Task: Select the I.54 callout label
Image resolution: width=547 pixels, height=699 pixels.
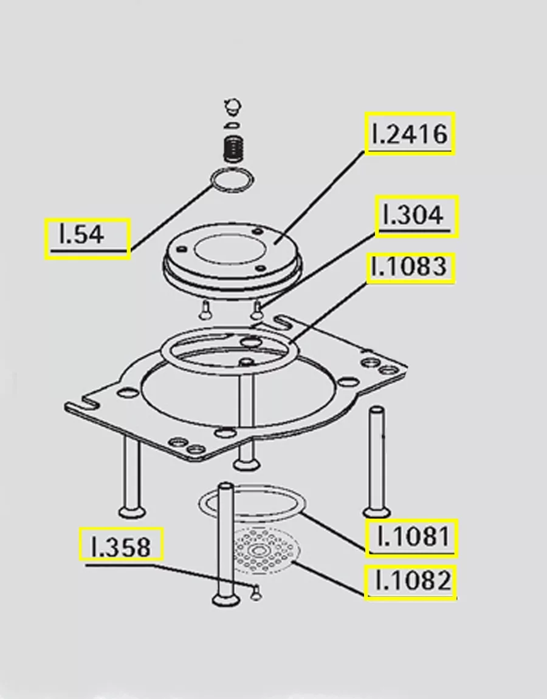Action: coord(88,239)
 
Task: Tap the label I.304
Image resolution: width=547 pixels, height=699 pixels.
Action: coord(416,216)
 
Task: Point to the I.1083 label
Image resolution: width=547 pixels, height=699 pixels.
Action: coord(410,268)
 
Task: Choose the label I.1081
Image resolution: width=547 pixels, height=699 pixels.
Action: coord(411,537)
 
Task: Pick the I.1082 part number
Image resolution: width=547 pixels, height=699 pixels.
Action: coord(410,582)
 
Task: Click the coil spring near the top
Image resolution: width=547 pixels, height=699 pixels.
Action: coord(232,148)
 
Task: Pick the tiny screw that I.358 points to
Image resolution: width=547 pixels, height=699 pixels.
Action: coord(256,591)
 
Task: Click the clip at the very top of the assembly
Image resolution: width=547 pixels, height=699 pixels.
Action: coord(232,107)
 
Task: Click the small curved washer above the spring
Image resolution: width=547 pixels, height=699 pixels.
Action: coord(230,125)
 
